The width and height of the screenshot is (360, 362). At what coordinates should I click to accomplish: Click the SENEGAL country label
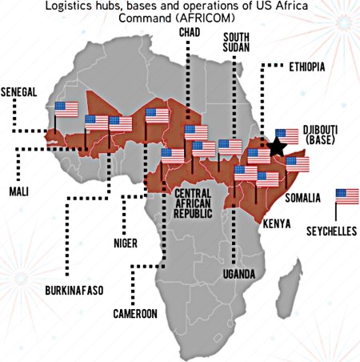point(19,92)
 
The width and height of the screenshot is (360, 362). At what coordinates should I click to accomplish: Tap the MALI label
point(18,192)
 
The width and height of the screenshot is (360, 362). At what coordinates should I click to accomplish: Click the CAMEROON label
point(134,312)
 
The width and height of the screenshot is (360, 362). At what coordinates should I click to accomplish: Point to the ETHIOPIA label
point(306,67)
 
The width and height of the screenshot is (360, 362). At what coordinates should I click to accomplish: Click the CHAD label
point(190,31)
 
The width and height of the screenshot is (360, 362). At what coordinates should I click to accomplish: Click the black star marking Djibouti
point(277,147)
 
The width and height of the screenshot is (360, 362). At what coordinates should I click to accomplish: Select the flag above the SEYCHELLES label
point(347,196)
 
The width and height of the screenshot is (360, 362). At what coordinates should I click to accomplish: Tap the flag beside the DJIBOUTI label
point(286,135)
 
